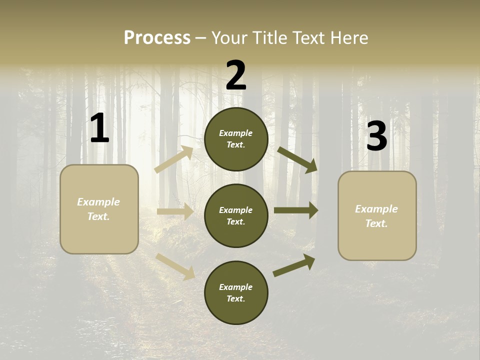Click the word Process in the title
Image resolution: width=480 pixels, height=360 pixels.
pyautogui.click(x=157, y=37)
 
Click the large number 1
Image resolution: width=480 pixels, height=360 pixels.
pyautogui.click(x=99, y=128)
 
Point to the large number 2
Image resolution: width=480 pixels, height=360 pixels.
pyautogui.click(x=236, y=75)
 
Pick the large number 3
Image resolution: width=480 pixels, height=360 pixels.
pyautogui.click(x=376, y=136)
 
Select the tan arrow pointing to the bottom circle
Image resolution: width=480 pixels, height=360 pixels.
pyautogui.click(x=175, y=265)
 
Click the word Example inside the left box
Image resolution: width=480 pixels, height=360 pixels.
pyautogui.click(x=98, y=202)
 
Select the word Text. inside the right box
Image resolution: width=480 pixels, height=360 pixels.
pyautogui.click(x=376, y=223)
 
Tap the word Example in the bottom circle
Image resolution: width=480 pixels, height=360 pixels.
pyautogui.click(x=235, y=287)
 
